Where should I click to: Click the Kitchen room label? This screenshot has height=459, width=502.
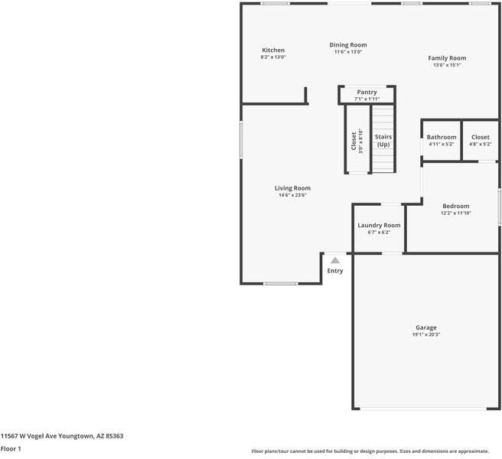273,50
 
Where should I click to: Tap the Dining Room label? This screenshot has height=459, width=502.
348,45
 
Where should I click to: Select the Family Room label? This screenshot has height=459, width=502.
447,58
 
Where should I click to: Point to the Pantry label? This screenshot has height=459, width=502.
367,92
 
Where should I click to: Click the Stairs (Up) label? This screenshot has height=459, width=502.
383,141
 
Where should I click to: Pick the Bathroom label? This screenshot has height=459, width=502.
442,137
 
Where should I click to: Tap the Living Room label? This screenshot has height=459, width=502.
292,188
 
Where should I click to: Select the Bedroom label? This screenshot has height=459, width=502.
455,206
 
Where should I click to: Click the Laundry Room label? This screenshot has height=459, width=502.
379,226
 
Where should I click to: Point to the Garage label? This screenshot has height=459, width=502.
426,327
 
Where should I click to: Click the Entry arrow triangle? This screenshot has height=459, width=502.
335,261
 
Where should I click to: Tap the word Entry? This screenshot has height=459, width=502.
335,271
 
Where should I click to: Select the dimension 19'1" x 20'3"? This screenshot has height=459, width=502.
426,334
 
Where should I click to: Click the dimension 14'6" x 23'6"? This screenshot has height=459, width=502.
292,195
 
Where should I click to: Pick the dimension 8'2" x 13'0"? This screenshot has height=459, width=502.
273,57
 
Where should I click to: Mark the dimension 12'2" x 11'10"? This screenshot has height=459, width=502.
455,213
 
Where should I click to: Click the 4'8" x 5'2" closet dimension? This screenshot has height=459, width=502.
481,144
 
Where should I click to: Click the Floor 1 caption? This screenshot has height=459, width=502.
11,449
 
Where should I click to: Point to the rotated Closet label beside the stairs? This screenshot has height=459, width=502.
354,142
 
